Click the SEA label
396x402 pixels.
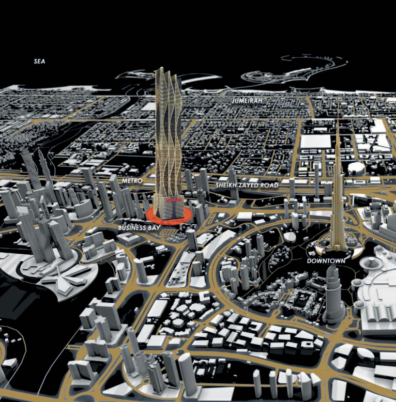[39, 61]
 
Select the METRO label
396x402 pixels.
[132, 181]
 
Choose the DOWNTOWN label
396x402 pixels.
[326, 261]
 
